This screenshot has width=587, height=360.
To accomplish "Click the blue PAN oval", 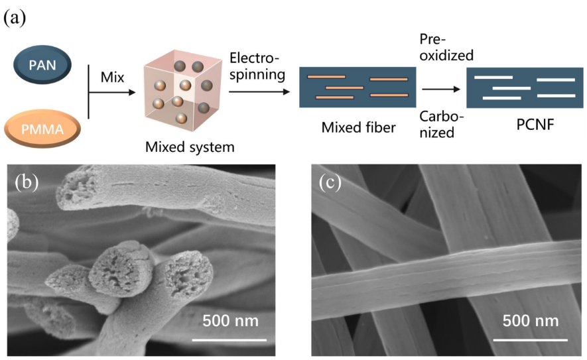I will coord(45,66).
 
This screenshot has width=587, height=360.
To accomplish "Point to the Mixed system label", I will coord(190,147).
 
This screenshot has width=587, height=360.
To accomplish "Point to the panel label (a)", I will coord(14,17).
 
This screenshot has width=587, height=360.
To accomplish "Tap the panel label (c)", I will coord(329,182).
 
